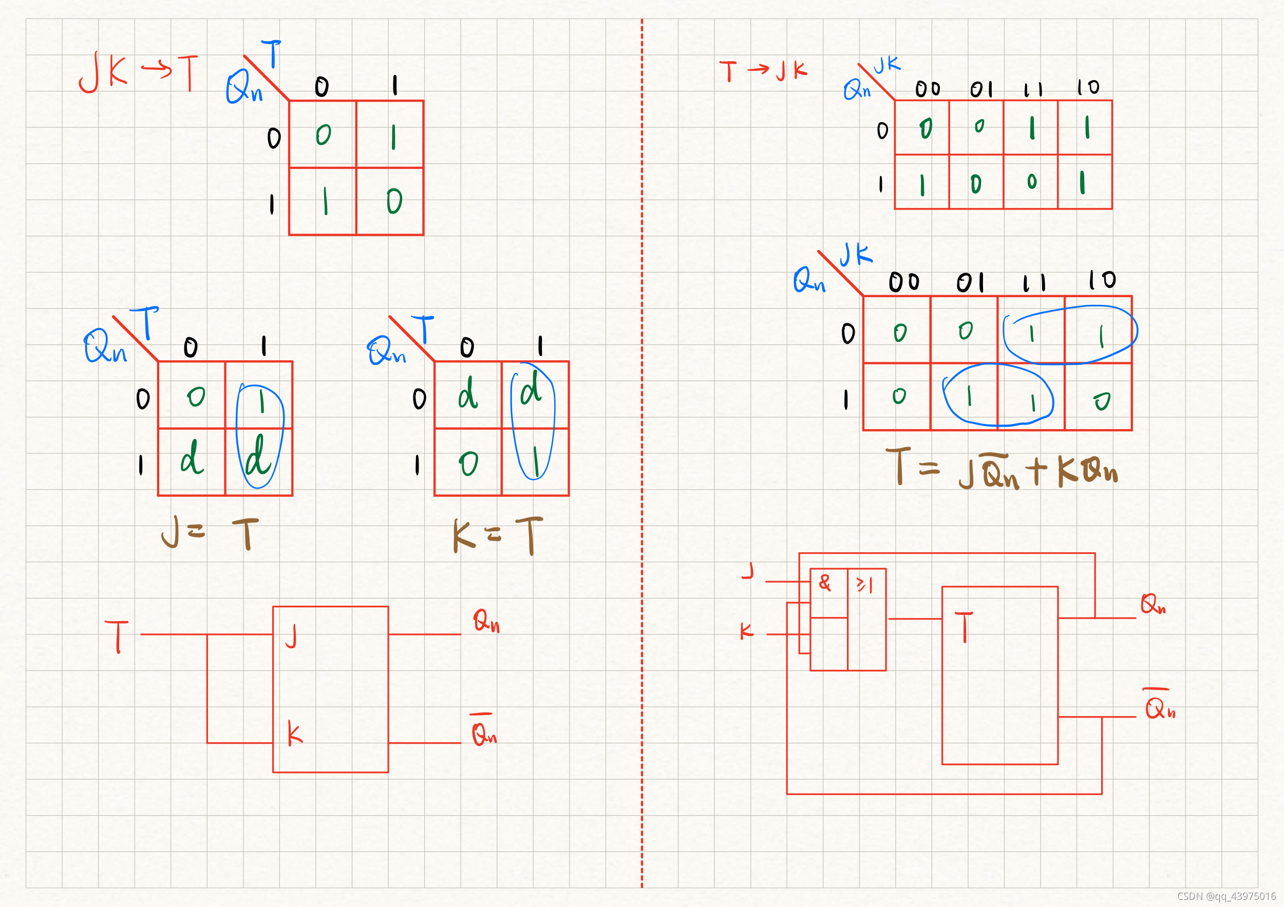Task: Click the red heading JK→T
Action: click(138, 73)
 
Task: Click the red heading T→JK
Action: click(763, 71)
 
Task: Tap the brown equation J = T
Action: click(210, 533)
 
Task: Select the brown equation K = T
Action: click(497, 535)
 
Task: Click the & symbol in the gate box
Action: click(825, 583)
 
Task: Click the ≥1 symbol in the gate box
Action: click(864, 585)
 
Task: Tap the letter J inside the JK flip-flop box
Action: click(291, 636)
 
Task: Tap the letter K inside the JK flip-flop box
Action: click(294, 734)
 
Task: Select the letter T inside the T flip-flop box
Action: click(964, 627)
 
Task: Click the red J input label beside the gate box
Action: click(748, 571)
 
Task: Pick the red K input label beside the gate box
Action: click(747, 631)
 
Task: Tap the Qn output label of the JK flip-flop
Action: click(486, 621)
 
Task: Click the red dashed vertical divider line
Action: click(641, 447)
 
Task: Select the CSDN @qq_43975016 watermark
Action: click(1226, 896)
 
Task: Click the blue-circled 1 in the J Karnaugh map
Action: click(261, 401)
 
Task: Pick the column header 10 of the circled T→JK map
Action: click(1102, 279)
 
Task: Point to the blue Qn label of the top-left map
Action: click(244, 87)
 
